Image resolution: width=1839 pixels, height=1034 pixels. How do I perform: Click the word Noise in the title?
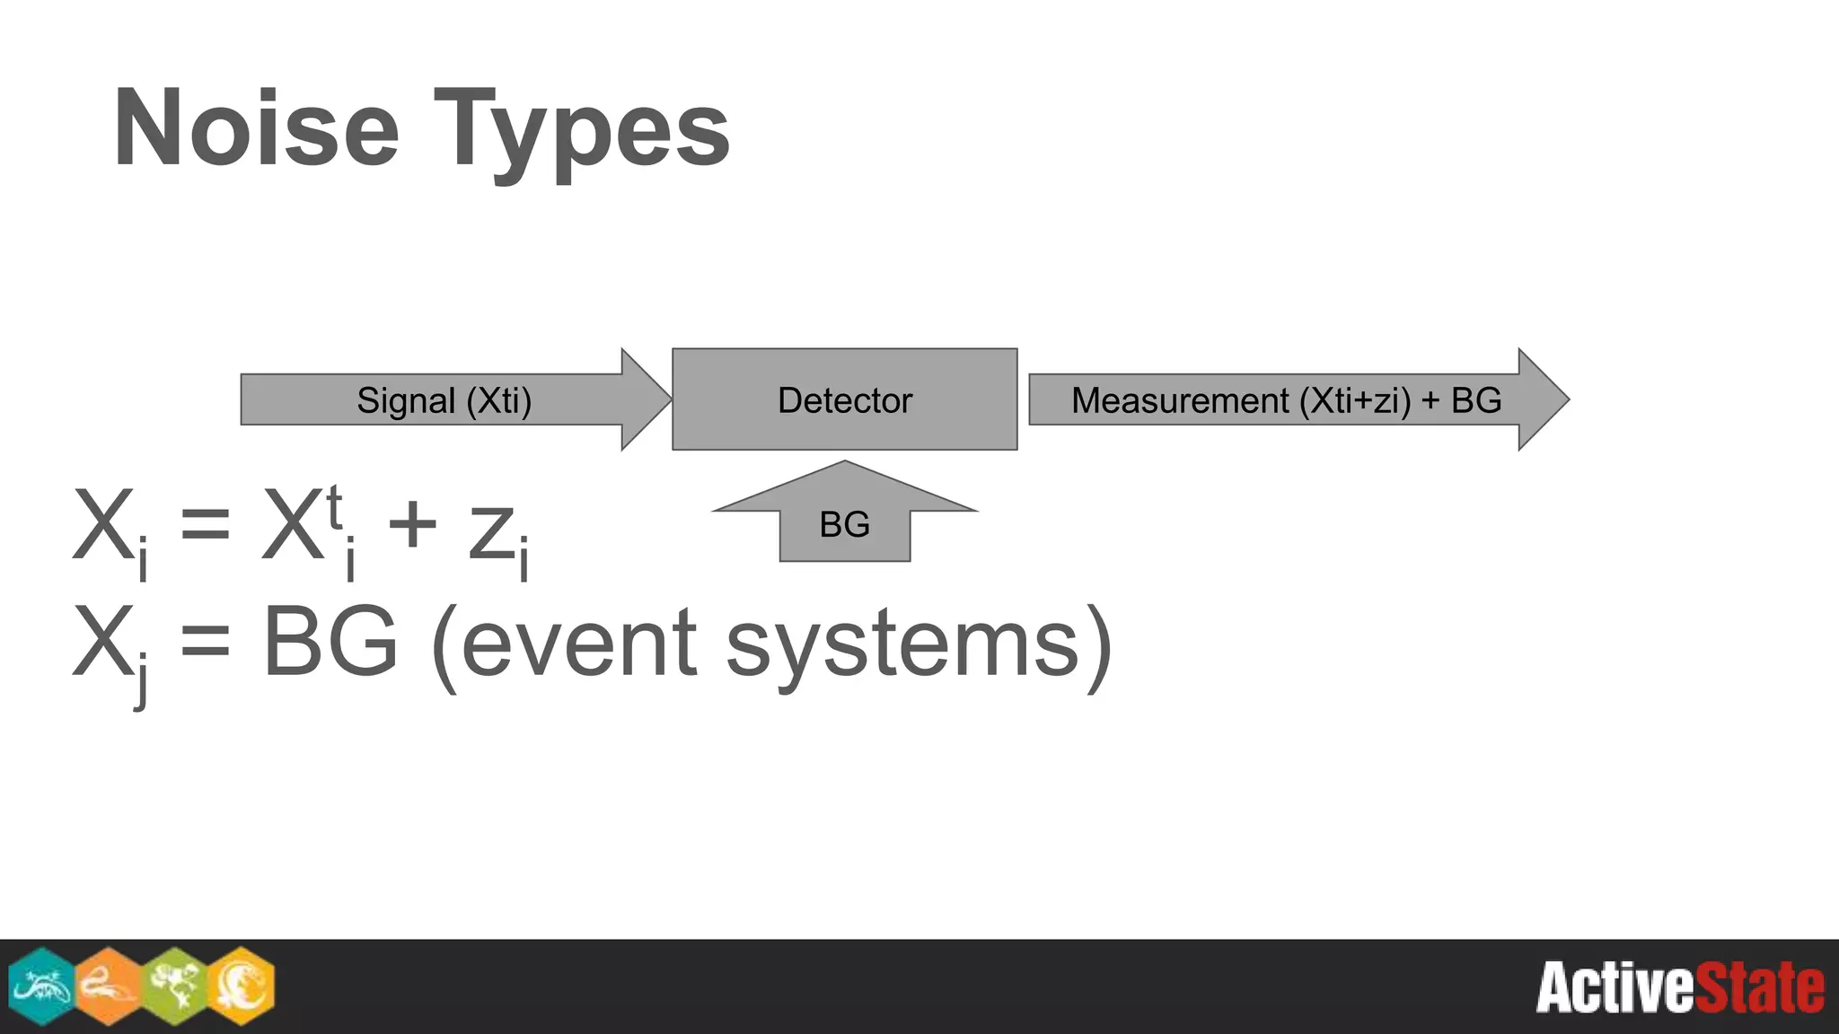pos(256,130)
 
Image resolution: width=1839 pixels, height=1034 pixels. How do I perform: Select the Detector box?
pos(844,399)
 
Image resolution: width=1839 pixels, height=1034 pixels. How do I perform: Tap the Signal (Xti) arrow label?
pos(444,400)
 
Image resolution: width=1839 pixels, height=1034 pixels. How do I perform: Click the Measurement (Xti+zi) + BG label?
pos(1286,400)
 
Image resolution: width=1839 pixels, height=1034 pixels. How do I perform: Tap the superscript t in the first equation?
pos(334,507)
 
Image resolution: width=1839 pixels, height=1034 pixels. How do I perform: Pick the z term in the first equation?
pos(491,533)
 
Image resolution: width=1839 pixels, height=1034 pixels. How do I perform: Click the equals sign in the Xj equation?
pos(205,643)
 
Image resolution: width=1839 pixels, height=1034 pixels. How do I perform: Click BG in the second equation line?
pos(330,643)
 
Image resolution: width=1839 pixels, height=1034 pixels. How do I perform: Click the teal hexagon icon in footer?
pos(41,986)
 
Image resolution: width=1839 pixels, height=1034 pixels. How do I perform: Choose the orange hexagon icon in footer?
pos(108,986)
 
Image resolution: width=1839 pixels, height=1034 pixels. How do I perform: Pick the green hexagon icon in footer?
pos(174,986)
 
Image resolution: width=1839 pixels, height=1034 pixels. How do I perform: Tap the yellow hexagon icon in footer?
pos(241,986)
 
